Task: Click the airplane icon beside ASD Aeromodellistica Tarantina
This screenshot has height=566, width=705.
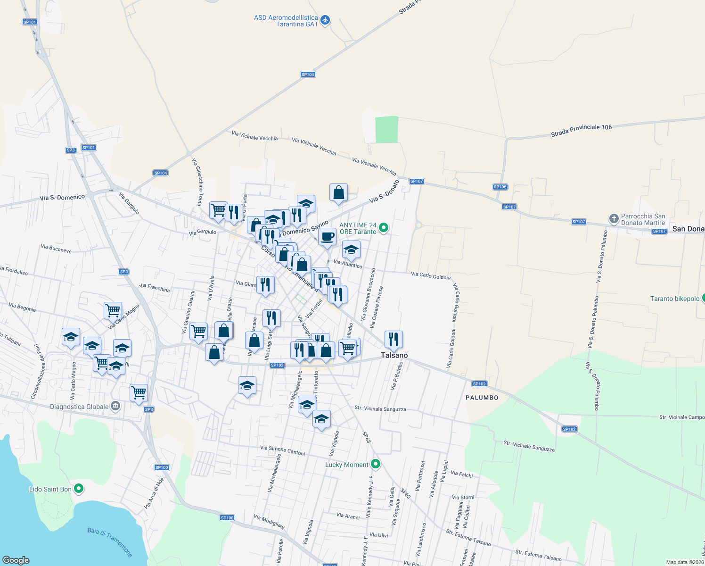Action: (x=325, y=20)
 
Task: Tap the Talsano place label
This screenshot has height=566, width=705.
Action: (x=394, y=355)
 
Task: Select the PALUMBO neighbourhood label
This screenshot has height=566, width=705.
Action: (x=482, y=398)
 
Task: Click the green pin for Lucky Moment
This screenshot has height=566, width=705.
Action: (x=376, y=464)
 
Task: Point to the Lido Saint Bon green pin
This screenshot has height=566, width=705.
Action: (x=79, y=489)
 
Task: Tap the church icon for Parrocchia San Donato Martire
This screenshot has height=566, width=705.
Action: (x=614, y=218)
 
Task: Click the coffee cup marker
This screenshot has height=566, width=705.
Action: (x=327, y=236)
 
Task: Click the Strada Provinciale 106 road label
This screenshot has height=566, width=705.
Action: (x=581, y=131)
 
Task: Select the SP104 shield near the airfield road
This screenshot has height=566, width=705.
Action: (x=308, y=75)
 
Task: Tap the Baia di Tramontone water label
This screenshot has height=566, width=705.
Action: (x=110, y=542)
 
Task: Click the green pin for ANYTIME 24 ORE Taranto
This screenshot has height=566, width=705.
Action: (x=384, y=228)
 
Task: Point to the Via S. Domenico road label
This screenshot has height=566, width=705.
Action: (x=62, y=198)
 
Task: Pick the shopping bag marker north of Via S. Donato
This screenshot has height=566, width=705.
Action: (x=338, y=192)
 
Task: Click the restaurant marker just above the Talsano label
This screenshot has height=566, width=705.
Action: (x=393, y=339)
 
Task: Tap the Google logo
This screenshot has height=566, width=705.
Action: (x=16, y=560)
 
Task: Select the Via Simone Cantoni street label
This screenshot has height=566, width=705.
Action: (x=283, y=450)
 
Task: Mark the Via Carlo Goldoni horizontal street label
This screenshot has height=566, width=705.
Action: (x=430, y=275)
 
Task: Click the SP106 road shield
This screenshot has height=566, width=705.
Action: (x=500, y=187)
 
